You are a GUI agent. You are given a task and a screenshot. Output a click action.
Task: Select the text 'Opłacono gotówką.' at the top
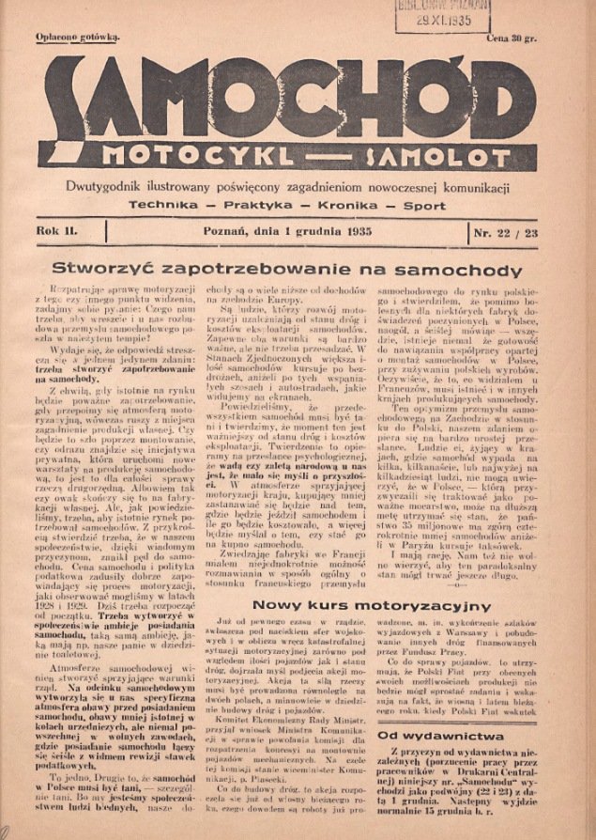pyautogui.click(x=78, y=39)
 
